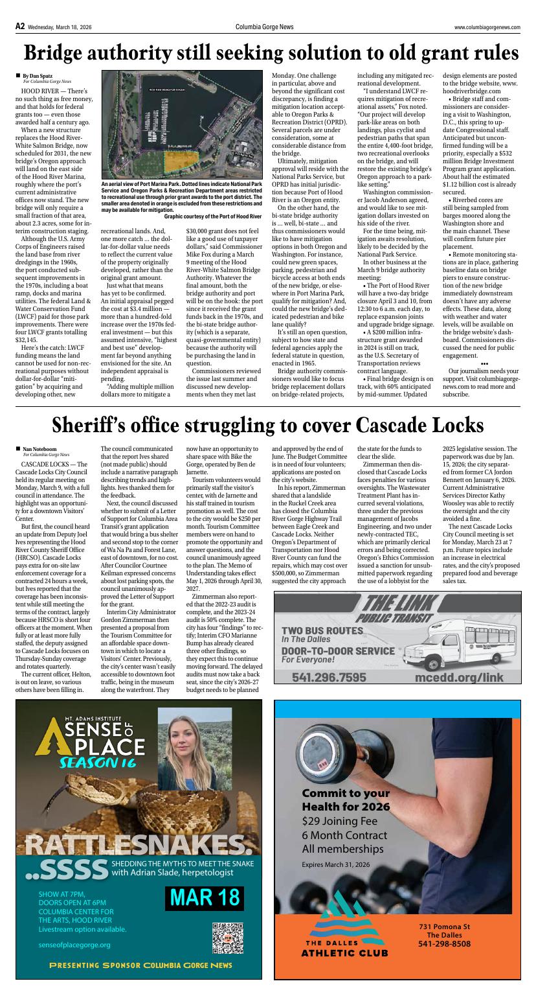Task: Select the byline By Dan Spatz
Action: coord(37,76)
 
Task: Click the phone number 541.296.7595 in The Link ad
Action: coord(329,677)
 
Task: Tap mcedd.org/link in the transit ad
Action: coord(459,677)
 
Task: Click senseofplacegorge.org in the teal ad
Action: coord(74,945)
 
